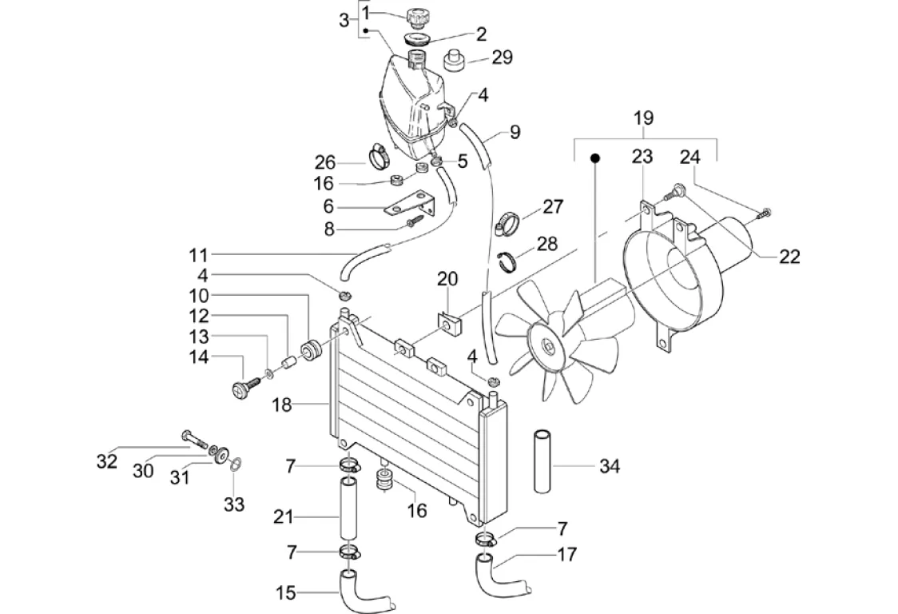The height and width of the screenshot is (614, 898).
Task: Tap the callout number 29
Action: pyautogui.click(x=503, y=58)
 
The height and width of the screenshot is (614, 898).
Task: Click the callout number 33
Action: pyautogui.click(x=233, y=504)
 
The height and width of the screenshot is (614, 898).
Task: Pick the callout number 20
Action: pyautogui.click(x=447, y=279)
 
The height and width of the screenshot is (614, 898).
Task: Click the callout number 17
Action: pyautogui.click(x=566, y=553)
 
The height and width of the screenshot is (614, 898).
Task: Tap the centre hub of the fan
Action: pyautogui.click(x=550, y=346)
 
